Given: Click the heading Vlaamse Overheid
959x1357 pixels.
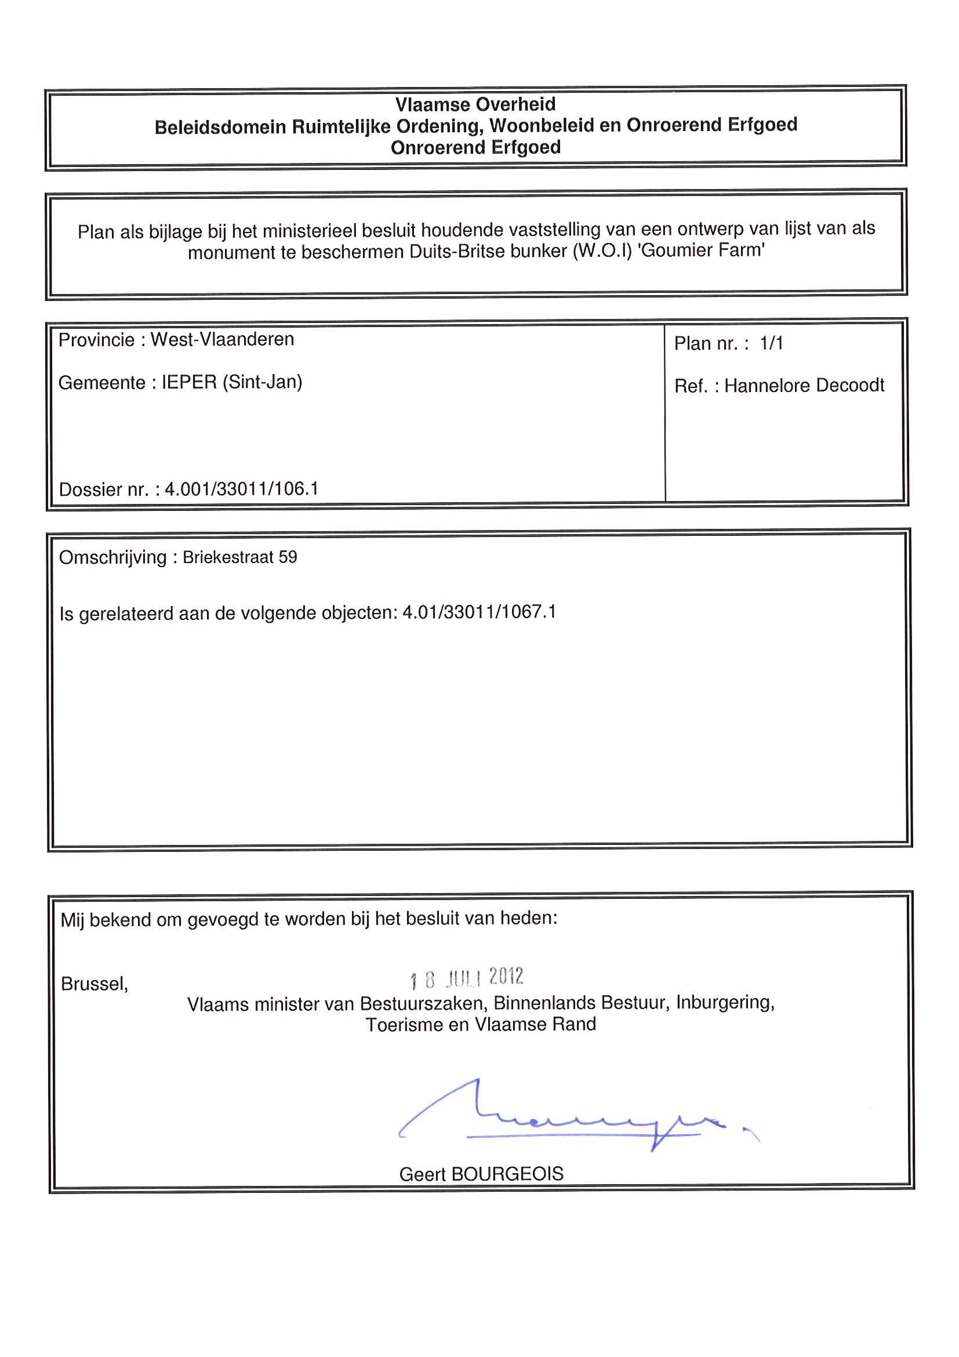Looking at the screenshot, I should pyautogui.click(x=475, y=104).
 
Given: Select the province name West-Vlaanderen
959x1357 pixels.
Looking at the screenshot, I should pyautogui.click(x=222, y=339).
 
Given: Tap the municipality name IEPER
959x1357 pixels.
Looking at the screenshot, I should pyautogui.click(x=189, y=382).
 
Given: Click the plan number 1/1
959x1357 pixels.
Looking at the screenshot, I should pyautogui.click(x=771, y=343).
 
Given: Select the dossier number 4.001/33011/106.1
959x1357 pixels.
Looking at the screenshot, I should pyautogui.click(x=241, y=489).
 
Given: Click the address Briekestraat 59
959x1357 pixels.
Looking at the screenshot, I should pyautogui.click(x=239, y=557).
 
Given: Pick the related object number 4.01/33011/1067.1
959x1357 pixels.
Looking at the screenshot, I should pyautogui.click(x=479, y=612).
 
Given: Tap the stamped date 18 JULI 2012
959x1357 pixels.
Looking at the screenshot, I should pyautogui.click(x=467, y=978).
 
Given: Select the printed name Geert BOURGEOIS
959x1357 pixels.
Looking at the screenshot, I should pyautogui.click(x=481, y=1174).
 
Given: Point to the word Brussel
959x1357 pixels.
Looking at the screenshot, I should pyautogui.click(x=94, y=984).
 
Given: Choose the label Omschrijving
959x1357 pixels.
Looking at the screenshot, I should pyautogui.click(x=112, y=557).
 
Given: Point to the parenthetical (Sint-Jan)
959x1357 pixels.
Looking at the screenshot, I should pyautogui.click(x=262, y=382).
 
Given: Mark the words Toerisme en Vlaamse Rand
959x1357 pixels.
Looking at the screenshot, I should pyautogui.click(x=481, y=1024).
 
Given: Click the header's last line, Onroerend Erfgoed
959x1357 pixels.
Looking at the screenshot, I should pyautogui.click(x=475, y=147).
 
